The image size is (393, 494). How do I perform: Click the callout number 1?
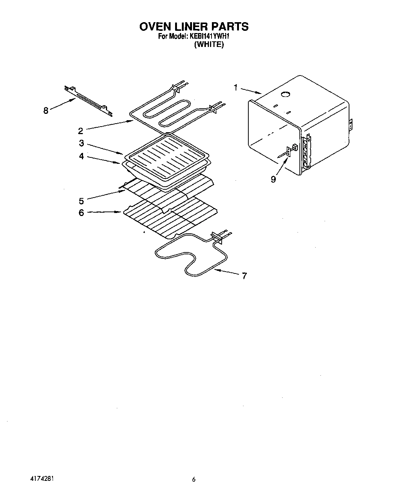236,88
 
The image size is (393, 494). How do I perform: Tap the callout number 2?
81,131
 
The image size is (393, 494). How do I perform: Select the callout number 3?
81,144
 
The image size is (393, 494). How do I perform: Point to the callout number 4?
81,156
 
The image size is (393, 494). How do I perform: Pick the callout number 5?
81,201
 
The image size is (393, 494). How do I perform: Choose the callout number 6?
81,213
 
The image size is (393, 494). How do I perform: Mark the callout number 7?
245,276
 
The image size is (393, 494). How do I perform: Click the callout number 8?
46,111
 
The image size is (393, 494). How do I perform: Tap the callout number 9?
273,180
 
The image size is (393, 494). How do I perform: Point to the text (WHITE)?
209,45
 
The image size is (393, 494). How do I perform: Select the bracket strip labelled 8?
88,100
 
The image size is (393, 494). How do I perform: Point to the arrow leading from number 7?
227,272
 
